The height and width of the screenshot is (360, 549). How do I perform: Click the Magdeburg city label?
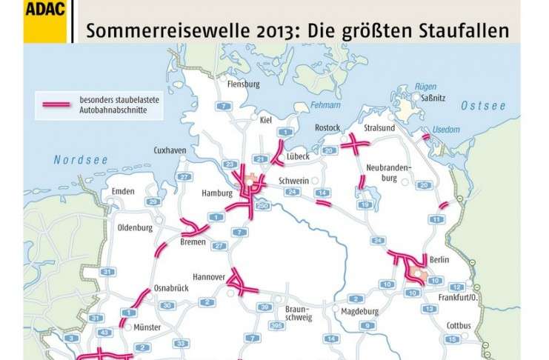[360, 310]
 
